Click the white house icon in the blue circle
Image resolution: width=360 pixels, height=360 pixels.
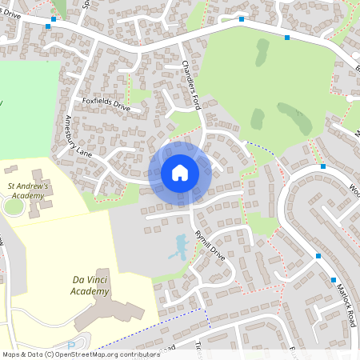180,173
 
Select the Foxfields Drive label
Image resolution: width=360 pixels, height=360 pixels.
106,102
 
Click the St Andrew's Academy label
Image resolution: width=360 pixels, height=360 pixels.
28,190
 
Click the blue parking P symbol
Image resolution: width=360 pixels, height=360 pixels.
71,346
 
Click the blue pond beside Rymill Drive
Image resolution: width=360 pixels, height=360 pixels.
178,250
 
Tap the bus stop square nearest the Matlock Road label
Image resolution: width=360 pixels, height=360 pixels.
334,280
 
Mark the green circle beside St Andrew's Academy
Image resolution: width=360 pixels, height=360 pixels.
12,206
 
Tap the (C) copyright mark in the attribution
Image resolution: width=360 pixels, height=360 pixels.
49,354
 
